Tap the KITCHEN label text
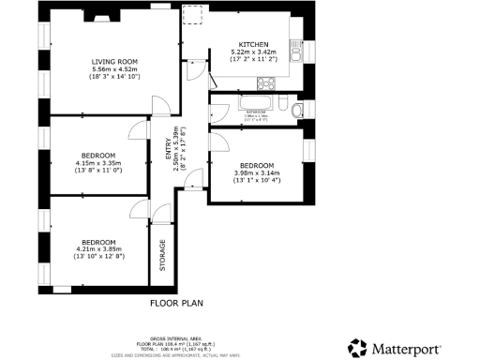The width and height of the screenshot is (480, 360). tap(253, 45)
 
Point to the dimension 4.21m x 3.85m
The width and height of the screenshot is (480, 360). tap(97, 248)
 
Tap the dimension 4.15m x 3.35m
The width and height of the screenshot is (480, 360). tap(97, 162)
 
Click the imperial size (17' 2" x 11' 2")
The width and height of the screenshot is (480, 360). tap(253, 60)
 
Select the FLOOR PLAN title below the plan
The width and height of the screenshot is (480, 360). tap(177, 303)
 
